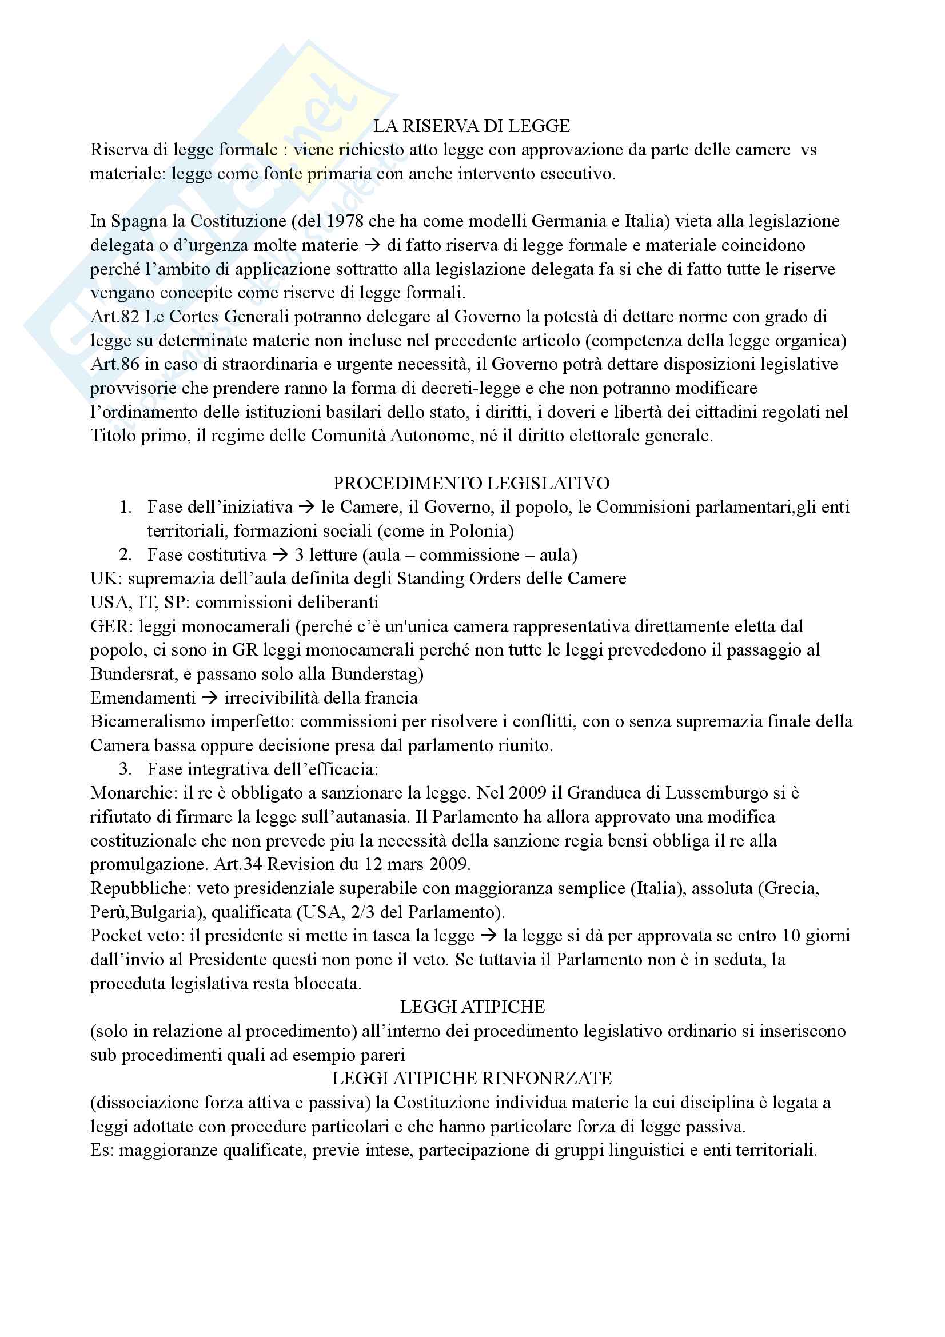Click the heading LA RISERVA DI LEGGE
472,126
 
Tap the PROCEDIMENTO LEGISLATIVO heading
471,484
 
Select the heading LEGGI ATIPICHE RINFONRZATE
472,1079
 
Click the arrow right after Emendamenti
210,697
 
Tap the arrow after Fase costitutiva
281,555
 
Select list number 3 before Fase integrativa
125,769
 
